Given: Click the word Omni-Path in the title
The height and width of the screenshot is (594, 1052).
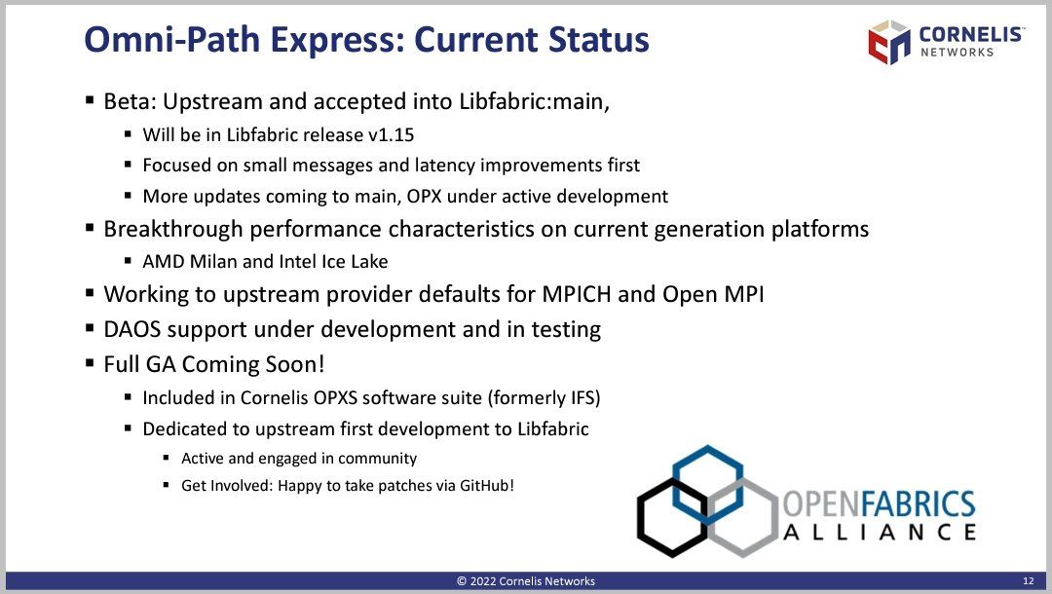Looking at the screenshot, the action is [x=171, y=39].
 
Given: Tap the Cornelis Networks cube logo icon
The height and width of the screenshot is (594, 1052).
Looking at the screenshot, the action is [x=889, y=42].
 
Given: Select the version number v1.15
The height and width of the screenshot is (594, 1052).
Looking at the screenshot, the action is [x=392, y=134].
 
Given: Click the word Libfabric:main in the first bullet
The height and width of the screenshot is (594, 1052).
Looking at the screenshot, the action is [x=534, y=101].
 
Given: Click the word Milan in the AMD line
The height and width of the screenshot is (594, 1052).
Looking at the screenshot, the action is [x=213, y=262].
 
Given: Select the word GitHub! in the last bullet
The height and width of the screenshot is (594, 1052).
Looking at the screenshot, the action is [x=486, y=485].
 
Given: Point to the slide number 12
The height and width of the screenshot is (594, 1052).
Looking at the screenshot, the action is [x=1029, y=580].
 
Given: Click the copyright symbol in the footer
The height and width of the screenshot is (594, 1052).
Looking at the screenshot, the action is [x=462, y=581].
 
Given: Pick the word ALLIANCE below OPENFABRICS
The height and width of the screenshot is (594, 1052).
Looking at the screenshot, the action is [x=880, y=533].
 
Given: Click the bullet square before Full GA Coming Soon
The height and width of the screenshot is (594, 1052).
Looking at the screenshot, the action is [x=90, y=363].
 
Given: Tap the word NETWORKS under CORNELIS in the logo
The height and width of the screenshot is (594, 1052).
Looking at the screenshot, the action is [x=957, y=53].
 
